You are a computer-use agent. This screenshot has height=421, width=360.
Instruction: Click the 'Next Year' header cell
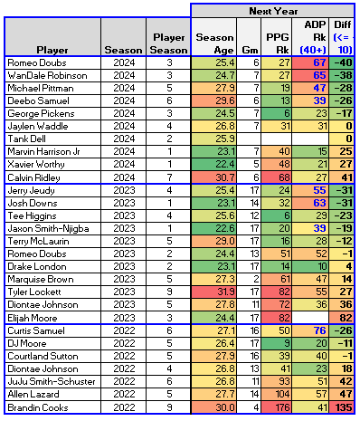(x=274, y=9)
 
